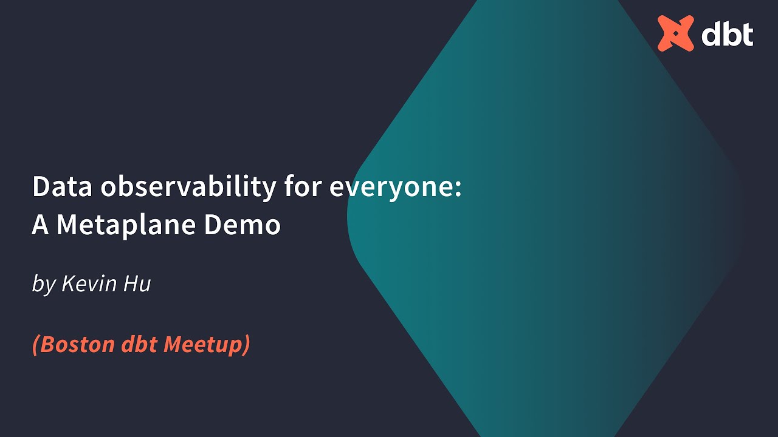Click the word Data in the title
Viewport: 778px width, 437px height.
62,187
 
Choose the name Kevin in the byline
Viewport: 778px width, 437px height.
90,283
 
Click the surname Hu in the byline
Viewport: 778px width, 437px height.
137,283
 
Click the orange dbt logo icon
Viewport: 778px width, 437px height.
675,33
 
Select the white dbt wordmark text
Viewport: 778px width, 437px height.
728,35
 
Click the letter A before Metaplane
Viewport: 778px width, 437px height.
40,225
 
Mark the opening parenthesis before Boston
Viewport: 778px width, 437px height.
36,345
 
